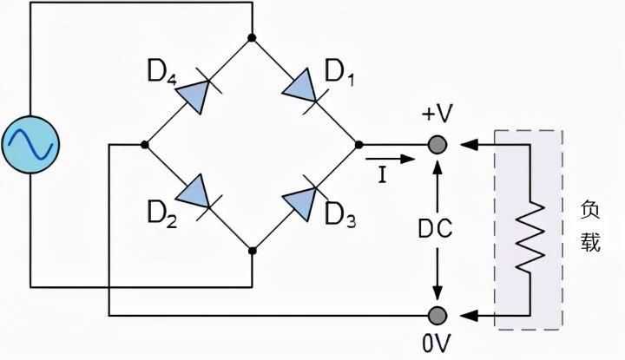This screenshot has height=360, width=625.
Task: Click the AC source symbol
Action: point(30,144)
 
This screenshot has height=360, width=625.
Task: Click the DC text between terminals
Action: point(438,229)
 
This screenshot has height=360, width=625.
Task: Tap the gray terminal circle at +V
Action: point(439,144)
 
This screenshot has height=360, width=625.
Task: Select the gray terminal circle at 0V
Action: point(439,313)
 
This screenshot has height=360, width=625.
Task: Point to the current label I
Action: point(381,176)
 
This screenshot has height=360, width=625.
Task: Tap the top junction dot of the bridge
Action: point(252,38)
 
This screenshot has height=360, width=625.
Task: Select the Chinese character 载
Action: point(591,244)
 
